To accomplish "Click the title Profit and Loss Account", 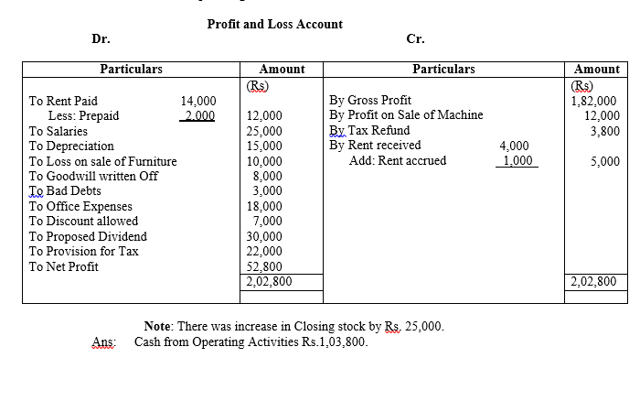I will coord(275,24).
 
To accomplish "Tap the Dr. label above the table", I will coord(101,38).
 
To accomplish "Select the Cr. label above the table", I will coord(415,38).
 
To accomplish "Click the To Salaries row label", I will coord(59,131).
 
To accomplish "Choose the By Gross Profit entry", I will coord(369,101).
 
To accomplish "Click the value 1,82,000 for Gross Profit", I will coord(594,102).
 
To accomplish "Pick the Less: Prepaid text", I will coord(83,116).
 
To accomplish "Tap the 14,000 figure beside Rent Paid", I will coord(198,102).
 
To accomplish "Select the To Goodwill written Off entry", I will coord(93,176).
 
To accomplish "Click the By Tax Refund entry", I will coord(369,131).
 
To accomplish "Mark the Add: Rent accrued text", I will coord(398,161).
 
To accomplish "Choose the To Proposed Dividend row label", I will coord(88,236).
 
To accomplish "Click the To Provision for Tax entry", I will coord(84,252).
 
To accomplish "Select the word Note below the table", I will coord(159,327).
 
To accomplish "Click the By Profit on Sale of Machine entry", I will coord(406,115).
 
